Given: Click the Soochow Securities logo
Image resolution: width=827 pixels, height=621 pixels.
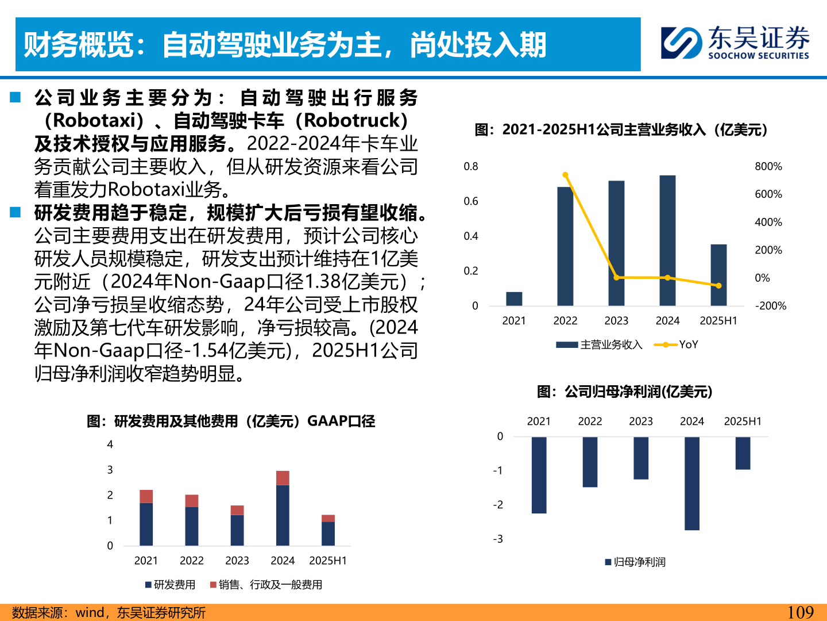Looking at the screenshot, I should coord(735,43).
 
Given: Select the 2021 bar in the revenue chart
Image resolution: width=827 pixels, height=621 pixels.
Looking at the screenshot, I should coord(514,298).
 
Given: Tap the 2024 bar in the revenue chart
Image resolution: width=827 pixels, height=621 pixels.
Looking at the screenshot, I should coord(667,240).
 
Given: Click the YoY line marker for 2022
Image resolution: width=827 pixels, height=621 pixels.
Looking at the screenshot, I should coord(565,175).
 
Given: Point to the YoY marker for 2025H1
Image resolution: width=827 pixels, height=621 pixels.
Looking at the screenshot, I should coord(718,285).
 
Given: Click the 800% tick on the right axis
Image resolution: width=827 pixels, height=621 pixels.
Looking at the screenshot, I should coord(768,167).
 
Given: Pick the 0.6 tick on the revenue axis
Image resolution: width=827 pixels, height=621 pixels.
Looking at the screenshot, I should coord(471,201).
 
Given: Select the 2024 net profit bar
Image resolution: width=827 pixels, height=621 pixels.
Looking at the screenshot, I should coord(692,483).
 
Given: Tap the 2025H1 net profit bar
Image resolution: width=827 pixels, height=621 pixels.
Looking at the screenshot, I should coord(743,453).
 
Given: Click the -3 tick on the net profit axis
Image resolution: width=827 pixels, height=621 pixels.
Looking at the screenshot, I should coord(498,539).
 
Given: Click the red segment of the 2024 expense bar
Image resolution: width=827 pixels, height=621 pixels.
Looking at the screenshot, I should coord(283,478).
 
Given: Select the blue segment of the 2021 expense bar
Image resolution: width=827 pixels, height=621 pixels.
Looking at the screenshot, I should coord(146,524).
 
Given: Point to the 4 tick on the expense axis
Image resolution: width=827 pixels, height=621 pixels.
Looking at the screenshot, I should coord(110,444).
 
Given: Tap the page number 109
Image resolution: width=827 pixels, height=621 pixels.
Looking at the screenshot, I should coord(801,612).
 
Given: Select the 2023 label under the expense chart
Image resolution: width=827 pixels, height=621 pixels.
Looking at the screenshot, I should coord(237,561).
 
